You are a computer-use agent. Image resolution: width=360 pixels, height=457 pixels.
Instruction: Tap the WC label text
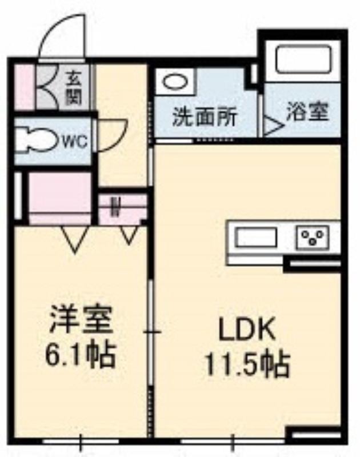74,141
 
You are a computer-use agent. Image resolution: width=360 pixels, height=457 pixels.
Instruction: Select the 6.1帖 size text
80,354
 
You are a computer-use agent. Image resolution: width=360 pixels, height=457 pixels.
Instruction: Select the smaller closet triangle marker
130,234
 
